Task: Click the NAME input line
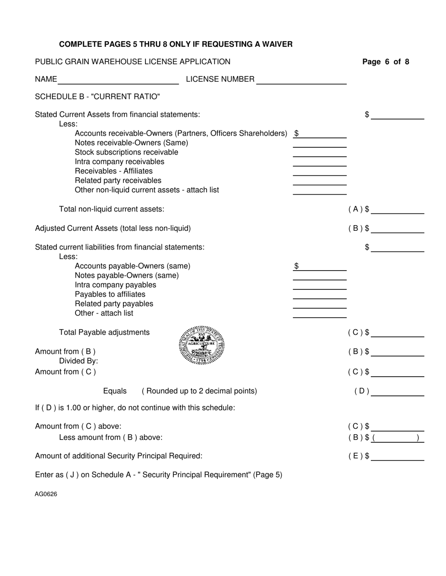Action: pyautogui.click(x=118, y=80)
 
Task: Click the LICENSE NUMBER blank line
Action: pyautogui.click(x=301, y=80)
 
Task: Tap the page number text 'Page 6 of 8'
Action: pyautogui.click(x=385, y=62)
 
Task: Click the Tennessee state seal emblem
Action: pyautogui.click(x=202, y=346)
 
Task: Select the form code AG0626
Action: pyautogui.click(x=46, y=494)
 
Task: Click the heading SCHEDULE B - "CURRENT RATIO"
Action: pyautogui.click(x=97, y=97)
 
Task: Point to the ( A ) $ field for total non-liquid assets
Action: pyautogui.click(x=397, y=209)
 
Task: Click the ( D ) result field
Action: pyautogui.click(x=397, y=391)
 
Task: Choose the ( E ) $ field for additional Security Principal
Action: pyautogui.click(x=397, y=456)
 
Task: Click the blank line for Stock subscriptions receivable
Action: pyautogui.click(x=320, y=152)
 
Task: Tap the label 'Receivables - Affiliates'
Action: pyautogui.click(x=114, y=171)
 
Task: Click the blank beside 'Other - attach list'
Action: pyautogui.click(x=320, y=313)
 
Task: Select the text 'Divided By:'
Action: pyautogui.click(x=78, y=361)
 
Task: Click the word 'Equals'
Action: pyautogui.click(x=115, y=391)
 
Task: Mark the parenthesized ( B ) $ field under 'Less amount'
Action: pyautogui.click(x=397, y=438)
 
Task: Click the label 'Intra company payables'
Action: pyautogui.click(x=115, y=285)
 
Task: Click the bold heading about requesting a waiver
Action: pyautogui.click(x=176, y=45)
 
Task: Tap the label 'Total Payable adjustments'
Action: pyautogui.click(x=104, y=333)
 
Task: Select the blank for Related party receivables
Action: pyautogui.click(x=320, y=181)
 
